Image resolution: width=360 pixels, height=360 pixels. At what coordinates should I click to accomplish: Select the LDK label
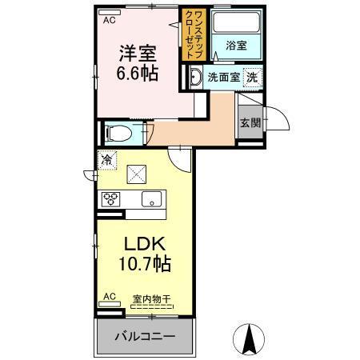tap(144, 242)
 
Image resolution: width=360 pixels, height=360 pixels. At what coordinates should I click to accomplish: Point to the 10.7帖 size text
tap(144, 263)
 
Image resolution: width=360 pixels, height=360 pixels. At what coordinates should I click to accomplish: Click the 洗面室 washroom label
tap(223, 78)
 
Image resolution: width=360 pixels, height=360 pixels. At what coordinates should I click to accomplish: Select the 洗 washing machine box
tap(252, 78)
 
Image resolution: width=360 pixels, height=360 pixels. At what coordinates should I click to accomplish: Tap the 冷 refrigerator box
tap(107, 159)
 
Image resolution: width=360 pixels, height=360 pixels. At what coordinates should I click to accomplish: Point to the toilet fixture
tap(117, 133)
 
